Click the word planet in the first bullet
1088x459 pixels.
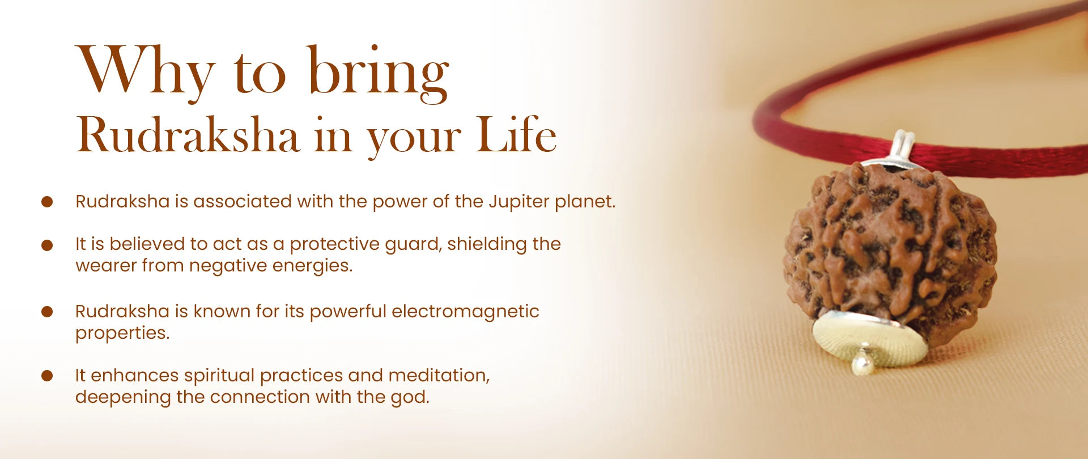coord(585,202)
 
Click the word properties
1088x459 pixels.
coord(122,333)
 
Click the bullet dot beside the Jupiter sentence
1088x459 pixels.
coord(47,202)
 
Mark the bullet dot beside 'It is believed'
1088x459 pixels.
coord(47,245)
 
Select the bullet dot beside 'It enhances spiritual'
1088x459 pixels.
coord(47,375)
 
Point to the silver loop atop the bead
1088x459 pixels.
coord(901,149)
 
